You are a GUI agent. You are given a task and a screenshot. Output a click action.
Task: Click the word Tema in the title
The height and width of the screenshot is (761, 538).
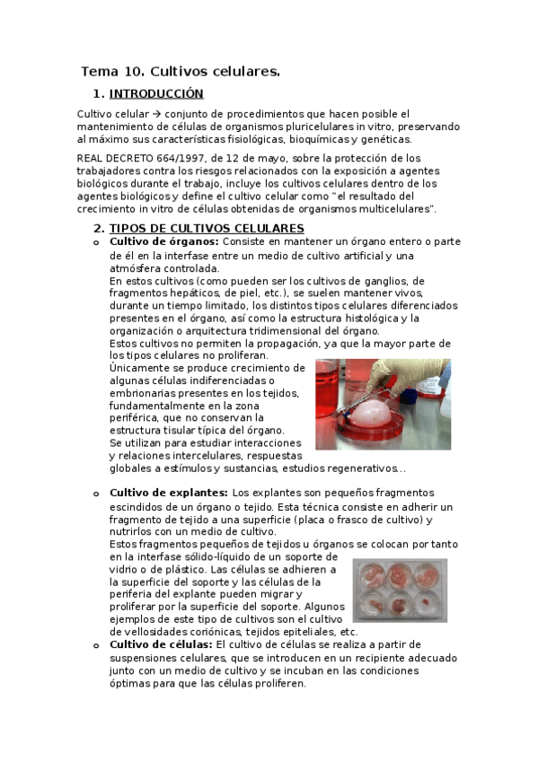coord(99,71)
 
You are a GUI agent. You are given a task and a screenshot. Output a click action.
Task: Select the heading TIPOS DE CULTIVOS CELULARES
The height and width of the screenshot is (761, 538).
coord(207,229)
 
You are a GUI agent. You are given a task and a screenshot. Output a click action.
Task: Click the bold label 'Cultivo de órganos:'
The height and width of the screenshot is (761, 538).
coord(163,242)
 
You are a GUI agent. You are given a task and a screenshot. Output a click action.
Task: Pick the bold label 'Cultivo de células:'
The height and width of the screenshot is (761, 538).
coord(161,644)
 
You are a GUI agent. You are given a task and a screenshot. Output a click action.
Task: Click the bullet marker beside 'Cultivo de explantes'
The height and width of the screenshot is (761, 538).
coord(95,494)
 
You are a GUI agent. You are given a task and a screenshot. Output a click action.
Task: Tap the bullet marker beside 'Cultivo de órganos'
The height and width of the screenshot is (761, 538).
coord(95,243)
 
